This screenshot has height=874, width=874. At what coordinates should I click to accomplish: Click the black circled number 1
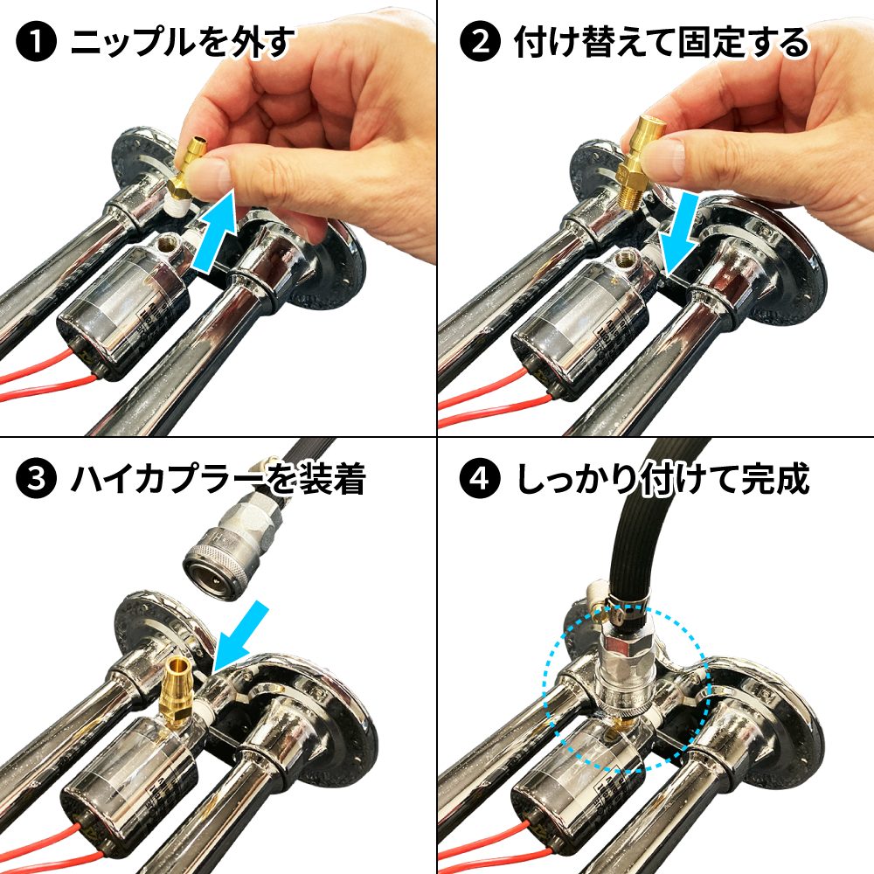36,41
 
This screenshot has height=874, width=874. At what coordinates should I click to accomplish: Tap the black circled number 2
480,41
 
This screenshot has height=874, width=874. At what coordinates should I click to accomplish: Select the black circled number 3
36,479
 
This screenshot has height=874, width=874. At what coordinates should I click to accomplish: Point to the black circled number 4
480,479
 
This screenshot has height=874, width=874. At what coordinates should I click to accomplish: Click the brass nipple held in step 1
188,170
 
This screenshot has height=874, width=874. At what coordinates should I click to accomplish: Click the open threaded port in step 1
168,243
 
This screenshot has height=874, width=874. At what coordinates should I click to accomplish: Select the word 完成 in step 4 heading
776,479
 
